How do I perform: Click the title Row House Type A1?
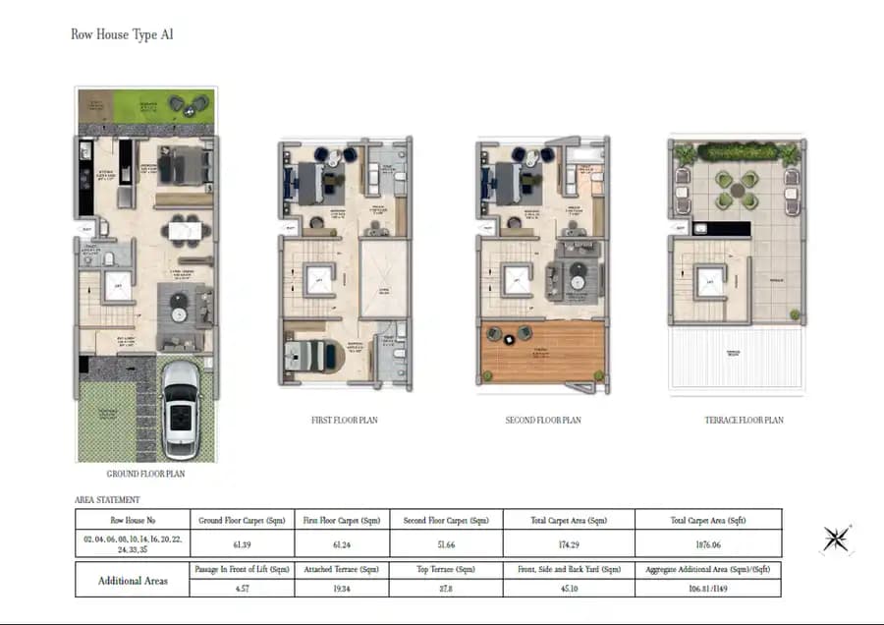122,34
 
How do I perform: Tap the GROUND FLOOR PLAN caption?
145,474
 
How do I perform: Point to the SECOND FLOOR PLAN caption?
543,421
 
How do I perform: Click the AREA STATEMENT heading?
107,500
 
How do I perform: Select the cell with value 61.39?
240,543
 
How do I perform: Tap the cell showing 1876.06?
708,543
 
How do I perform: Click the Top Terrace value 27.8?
446,588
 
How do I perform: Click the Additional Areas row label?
132,580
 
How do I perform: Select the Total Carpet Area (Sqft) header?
708,520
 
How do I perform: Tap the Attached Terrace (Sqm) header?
342,569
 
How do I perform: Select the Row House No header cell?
132,520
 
